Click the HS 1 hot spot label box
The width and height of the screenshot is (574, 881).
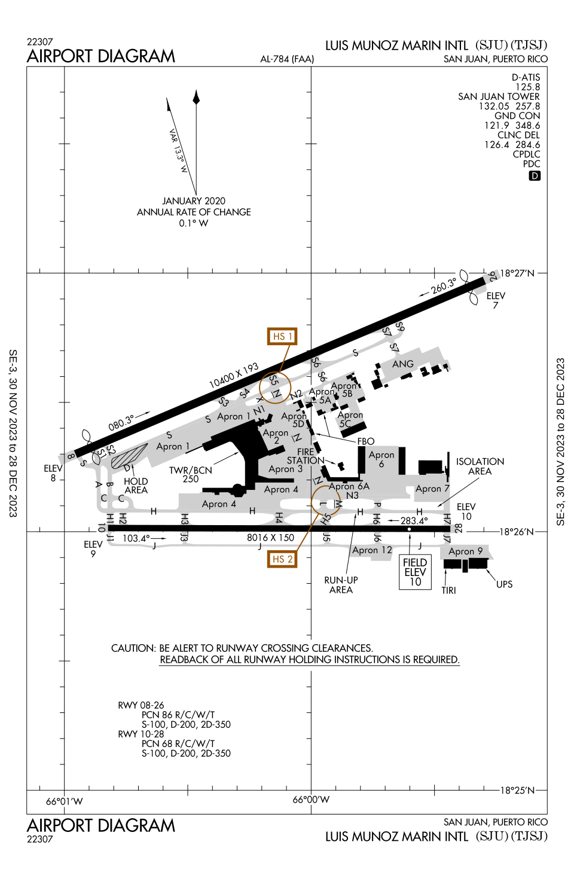282,336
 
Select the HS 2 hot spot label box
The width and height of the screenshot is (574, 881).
282,559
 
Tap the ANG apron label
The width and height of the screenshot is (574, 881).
403,364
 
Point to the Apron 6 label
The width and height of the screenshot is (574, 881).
381,459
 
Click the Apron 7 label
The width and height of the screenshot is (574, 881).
432,489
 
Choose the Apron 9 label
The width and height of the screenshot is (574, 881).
465,551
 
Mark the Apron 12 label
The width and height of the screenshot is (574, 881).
372,550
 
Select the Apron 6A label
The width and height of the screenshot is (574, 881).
349,486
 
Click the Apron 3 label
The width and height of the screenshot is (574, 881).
286,469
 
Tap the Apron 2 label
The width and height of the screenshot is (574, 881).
276,436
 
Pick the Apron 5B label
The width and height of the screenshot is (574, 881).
345,389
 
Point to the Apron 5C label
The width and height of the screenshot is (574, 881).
349,419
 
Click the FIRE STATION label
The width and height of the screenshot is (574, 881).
303,456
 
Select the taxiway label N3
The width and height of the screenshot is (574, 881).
352,495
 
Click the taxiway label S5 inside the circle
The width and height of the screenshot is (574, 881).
273,380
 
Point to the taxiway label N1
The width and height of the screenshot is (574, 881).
258,410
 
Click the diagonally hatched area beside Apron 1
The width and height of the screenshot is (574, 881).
128,458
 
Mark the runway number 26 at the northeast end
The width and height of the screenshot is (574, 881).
493,276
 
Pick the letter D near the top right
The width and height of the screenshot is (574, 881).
535,176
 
